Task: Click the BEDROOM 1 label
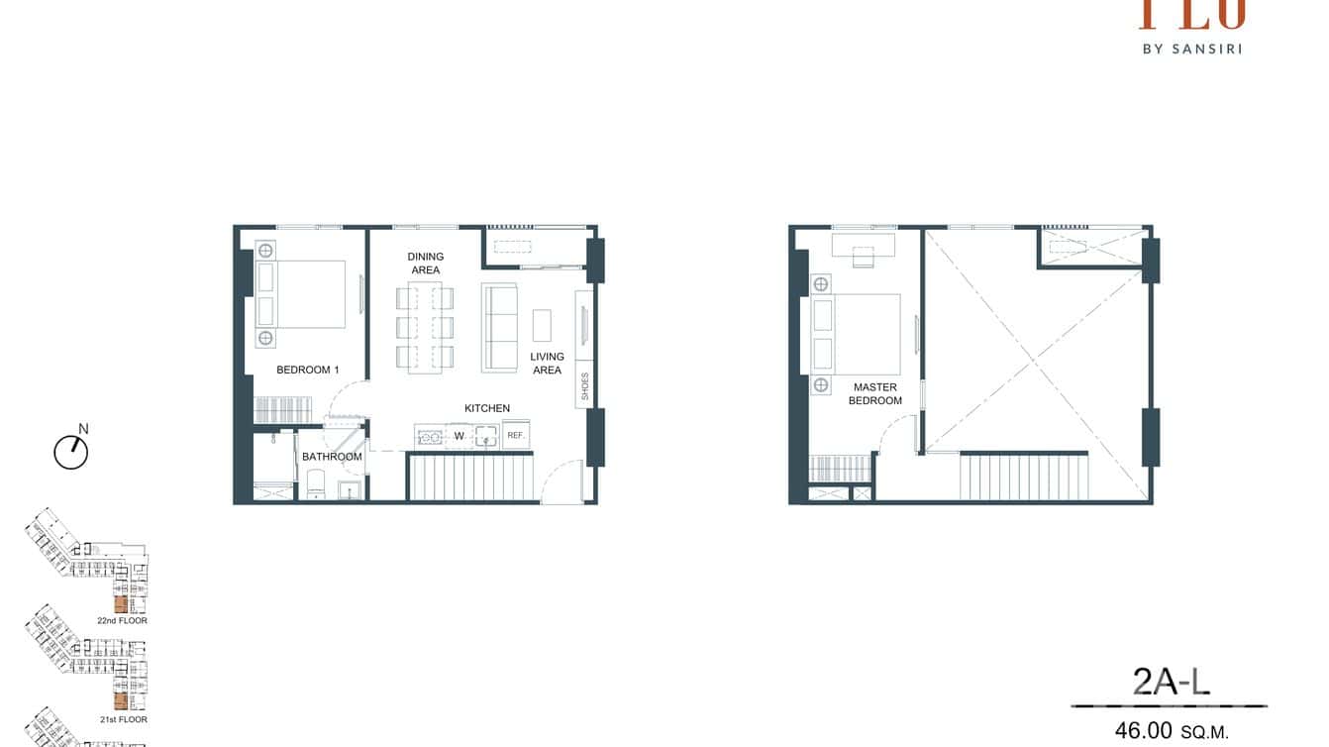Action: pos(307,370)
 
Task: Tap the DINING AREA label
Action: pos(426,263)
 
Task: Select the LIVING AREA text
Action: pos(547,364)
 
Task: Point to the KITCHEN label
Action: pos(487,408)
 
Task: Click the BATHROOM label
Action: pos(332,457)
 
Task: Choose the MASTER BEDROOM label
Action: pos(874,394)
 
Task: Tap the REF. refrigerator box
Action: pos(515,435)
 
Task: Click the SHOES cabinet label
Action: pos(585,389)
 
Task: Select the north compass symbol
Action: pos(71,452)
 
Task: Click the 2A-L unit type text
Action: pos(1172,683)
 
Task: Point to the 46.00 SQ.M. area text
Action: pos(1171,731)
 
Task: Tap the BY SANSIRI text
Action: pos(1191,48)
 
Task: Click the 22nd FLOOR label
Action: pos(122,621)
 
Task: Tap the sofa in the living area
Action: pos(500,327)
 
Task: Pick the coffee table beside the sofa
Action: pos(542,325)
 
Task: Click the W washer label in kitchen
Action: pos(459,435)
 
